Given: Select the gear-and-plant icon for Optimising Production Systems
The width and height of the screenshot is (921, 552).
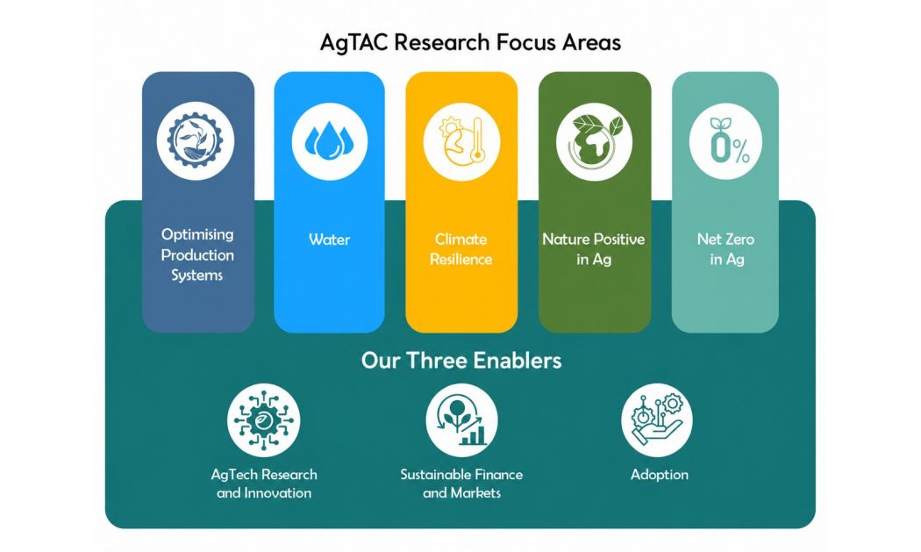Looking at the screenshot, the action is [195, 141].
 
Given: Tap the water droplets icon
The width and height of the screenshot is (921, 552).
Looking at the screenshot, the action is [330, 141].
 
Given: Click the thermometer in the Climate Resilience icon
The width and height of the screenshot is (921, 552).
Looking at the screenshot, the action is [476, 140].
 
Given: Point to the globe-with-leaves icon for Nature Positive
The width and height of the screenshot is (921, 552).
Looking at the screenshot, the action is [594, 142].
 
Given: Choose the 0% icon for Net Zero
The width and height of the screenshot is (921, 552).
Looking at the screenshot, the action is [725, 141].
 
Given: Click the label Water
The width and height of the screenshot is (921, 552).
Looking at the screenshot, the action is [330, 240].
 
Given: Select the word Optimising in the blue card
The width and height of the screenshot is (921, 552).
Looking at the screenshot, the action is [197, 234].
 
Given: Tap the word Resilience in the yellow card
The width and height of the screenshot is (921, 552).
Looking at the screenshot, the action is [461, 259].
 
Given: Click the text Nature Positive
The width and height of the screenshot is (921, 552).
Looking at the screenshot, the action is [593, 240].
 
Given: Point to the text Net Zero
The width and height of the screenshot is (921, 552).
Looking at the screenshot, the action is [726, 240].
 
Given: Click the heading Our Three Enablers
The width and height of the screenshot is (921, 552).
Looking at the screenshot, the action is [461, 361].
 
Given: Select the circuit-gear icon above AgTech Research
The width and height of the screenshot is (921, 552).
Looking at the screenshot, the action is [264, 419].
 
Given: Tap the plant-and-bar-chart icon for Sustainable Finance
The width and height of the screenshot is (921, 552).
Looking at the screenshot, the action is [461, 419].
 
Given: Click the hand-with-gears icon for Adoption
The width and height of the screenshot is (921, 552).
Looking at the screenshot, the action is [657, 419].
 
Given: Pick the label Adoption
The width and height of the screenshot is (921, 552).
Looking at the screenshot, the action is [659, 475].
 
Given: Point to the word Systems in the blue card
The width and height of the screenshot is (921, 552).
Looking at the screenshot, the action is [196, 276].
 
